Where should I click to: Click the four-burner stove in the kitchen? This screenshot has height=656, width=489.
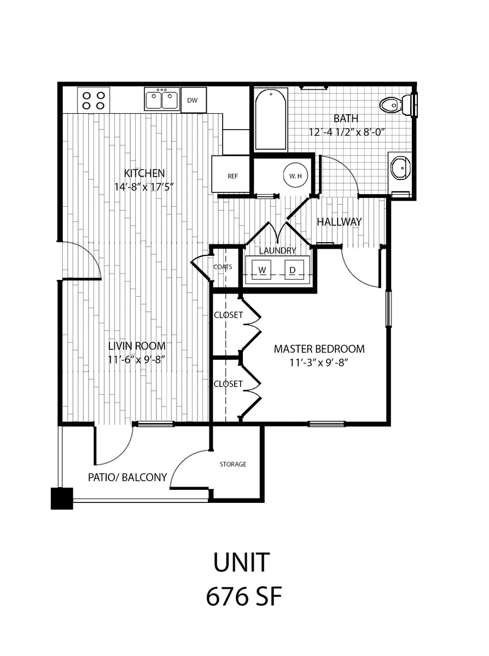[x=94, y=100]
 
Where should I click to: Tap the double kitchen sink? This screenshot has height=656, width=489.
[x=162, y=100]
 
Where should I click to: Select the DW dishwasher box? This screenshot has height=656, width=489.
[x=192, y=100]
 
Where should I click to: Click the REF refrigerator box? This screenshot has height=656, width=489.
[x=232, y=176]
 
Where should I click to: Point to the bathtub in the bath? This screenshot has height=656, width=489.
[x=271, y=119]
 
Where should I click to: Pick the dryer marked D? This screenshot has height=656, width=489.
[x=293, y=270]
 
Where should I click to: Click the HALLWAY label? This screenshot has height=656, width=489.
[x=339, y=222]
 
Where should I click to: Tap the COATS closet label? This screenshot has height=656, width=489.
[x=223, y=267]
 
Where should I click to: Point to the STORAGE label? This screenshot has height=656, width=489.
[x=233, y=464]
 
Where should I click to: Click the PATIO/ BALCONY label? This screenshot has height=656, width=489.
[x=127, y=477]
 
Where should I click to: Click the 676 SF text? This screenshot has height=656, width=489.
[x=243, y=597]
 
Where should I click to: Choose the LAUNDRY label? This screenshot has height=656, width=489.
[x=277, y=250]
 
